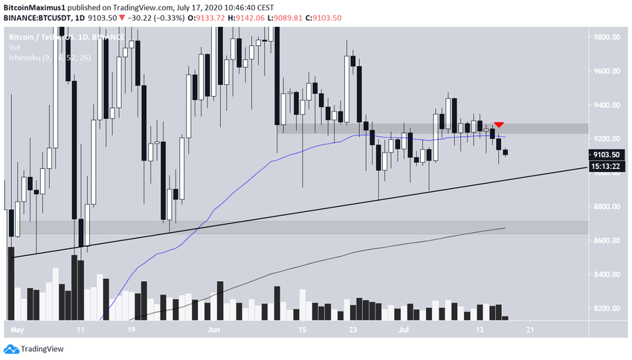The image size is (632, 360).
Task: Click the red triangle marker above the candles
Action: click(x=499, y=123)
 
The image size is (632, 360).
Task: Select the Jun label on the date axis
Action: click(x=213, y=327)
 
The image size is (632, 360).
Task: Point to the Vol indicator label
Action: click(x=15, y=48)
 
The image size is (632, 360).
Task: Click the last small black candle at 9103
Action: click(x=506, y=152)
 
